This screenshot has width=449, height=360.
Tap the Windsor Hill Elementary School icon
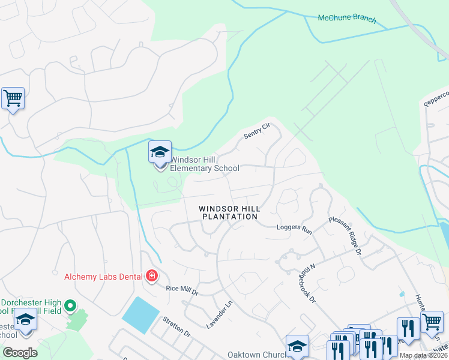tap(160, 152)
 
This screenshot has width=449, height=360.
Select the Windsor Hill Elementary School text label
tap(205, 164)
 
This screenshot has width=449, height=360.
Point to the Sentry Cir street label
tap(258, 131)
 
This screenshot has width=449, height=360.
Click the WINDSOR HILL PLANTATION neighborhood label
tap(230, 212)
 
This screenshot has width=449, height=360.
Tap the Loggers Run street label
tap(294, 229)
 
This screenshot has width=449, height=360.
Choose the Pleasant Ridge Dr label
tap(345, 235)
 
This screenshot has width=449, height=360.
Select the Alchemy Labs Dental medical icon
tap(152, 276)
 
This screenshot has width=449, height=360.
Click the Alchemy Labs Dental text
tap(103, 276)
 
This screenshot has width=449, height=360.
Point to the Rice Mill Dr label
tap(182, 290)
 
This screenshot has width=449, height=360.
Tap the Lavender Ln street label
tap(219, 314)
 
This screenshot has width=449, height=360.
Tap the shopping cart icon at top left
tap(13, 98)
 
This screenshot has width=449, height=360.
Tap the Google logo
tap(20, 353)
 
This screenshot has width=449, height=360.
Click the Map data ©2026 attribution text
tap(423, 355)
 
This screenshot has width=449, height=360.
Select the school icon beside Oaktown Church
tap(297, 346)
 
